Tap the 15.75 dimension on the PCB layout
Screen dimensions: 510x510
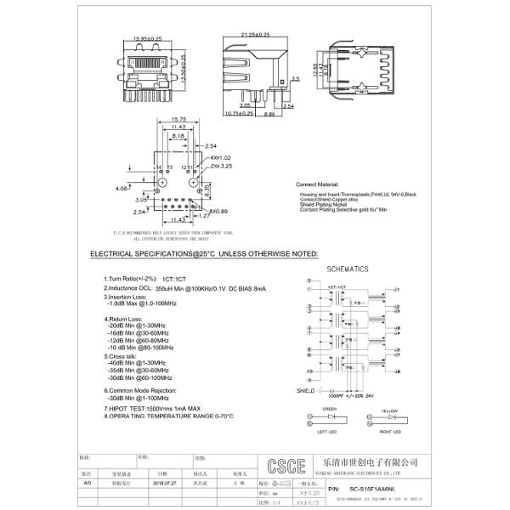pos(178,119)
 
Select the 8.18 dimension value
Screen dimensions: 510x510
pos(178,135)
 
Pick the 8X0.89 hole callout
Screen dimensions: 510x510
pos(218,211)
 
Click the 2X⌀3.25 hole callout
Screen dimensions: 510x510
pos(221,166)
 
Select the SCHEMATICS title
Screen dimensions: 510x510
pos(348,269)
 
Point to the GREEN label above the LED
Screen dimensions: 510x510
pos(329,410)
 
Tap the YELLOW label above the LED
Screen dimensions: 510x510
pos(390,410)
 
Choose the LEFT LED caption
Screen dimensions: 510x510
pos(328,433)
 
